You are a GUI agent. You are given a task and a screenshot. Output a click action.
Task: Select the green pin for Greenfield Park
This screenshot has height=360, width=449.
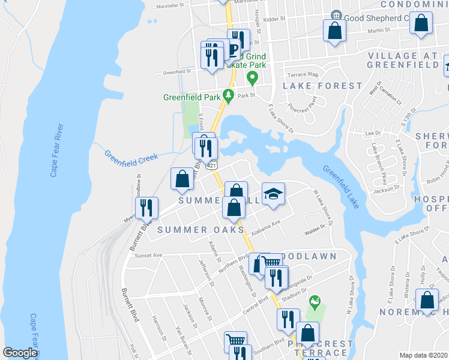click(228, 95)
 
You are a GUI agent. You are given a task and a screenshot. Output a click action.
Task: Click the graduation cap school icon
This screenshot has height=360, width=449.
click(273, 194)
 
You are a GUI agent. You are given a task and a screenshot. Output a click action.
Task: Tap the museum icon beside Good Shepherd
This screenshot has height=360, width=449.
click(335, 15)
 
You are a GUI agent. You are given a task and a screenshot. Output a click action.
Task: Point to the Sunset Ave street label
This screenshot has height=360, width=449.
click(149, 255)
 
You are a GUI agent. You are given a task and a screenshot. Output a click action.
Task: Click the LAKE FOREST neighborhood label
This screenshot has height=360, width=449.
click(314, 86)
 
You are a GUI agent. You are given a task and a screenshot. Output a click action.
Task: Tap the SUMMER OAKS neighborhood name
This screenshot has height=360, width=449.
click(200, 230)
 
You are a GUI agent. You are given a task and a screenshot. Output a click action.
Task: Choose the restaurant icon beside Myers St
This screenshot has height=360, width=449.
click(146, 208)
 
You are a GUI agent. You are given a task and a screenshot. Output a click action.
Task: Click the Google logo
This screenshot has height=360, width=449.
click(20, 353)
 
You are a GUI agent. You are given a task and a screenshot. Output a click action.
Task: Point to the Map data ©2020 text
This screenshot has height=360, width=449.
click(423, 355)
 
